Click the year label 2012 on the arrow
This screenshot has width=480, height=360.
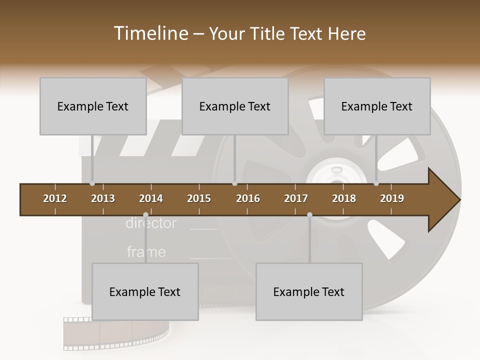55,198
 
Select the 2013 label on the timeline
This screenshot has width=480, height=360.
103,198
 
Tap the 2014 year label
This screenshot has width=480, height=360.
151,198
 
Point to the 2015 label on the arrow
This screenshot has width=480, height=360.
199,198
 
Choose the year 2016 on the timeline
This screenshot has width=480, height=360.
248,198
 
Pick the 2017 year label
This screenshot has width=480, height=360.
296,198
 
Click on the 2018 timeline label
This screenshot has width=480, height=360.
344,198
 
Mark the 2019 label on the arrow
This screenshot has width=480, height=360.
392,198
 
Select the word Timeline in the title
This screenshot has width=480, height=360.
150,33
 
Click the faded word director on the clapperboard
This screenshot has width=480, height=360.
151,223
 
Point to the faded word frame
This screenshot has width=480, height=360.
146,251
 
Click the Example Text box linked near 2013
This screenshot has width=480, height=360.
93,106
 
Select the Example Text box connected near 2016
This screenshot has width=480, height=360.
235,106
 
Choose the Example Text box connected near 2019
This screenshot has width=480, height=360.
377,106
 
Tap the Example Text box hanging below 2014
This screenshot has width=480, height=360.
145,291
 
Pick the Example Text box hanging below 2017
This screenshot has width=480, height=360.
309,291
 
